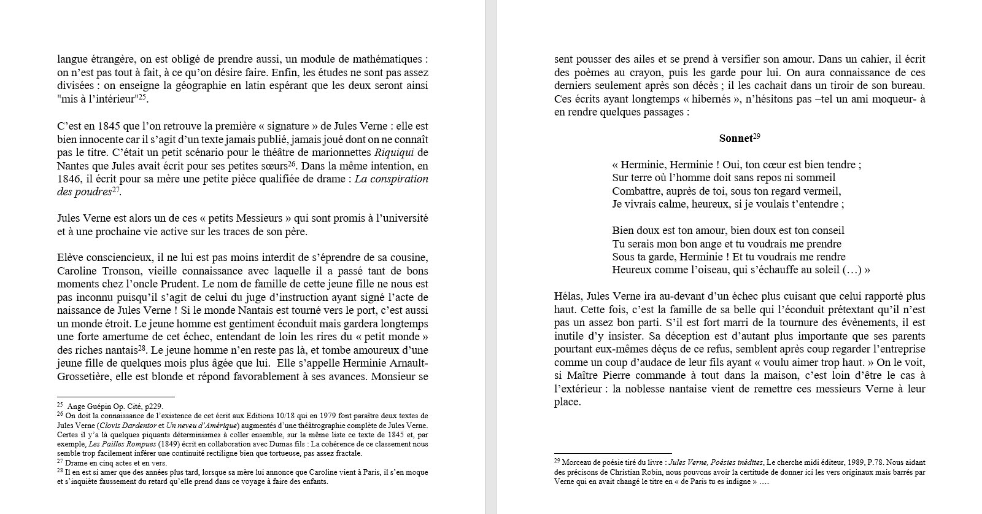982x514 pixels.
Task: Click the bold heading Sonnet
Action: (x=735, y=139)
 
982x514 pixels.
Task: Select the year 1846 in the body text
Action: (x=68, y=179)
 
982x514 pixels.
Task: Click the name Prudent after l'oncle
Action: (x=176, y=284)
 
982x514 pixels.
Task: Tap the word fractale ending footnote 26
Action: (x=347, y=453)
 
